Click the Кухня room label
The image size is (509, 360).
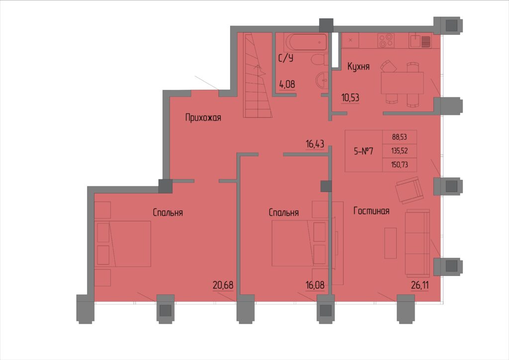358,67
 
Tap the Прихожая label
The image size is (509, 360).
203,117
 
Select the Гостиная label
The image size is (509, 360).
371,211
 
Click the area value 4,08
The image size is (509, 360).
287,85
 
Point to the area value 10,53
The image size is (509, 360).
350,97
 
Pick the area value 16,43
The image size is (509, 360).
315,144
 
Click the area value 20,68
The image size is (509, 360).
223,285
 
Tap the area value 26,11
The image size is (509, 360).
420,285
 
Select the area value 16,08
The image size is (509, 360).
315,285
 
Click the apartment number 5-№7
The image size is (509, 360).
363,151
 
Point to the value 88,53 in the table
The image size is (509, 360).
400,137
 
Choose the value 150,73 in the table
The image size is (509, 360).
400,165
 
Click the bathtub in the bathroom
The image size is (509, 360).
305,42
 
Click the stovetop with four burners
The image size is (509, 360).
386,40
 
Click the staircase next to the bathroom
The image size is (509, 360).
258,75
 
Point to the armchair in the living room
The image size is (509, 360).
410,190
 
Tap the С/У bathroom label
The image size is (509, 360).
286,58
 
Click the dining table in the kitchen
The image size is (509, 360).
402,83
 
